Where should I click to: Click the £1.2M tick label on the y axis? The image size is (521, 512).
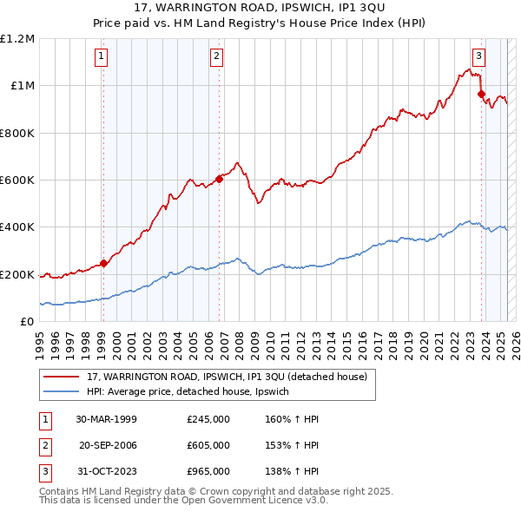coord(17,39)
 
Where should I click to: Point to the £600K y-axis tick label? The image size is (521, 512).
coord(17,181)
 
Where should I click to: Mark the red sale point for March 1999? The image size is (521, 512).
coord(103,264)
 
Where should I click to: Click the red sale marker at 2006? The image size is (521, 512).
coord(219,179)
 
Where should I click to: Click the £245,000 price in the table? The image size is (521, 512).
coord(208,418)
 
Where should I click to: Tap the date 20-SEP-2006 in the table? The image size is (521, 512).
coord(108,445)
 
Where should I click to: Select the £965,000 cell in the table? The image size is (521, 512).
coord(208,471)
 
